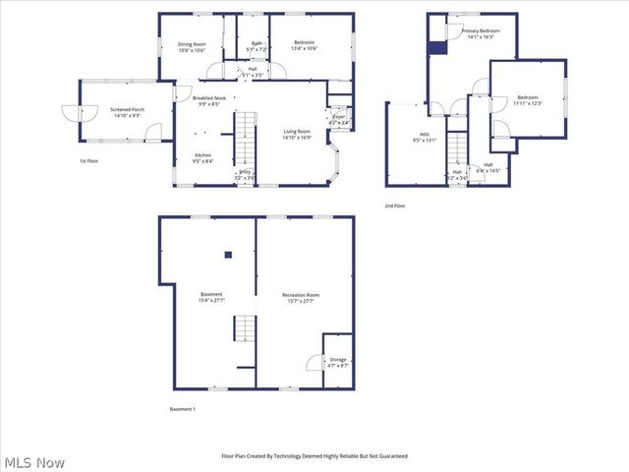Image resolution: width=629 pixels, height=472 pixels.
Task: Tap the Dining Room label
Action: click(192, 47)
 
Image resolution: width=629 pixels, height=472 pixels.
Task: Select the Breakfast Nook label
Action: click(210, 100)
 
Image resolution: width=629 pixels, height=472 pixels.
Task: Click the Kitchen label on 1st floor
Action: click(202, 158)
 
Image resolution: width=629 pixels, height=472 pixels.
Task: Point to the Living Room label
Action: click(297, 135)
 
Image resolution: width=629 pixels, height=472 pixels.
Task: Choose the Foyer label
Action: click(339, 120)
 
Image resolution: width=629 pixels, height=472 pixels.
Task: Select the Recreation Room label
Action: click(301, 298)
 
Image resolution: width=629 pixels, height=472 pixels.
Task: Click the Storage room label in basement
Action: click(338, 363)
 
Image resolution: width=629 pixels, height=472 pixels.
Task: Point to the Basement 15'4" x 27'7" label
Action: click(211, 298)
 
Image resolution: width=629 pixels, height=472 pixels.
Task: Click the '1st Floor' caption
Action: click(89, 160)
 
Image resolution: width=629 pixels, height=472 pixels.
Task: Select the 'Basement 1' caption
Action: click(183, 408)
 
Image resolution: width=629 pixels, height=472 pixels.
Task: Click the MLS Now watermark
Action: click(34, 461)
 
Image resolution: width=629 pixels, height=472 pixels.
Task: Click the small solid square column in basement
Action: click(228, 255)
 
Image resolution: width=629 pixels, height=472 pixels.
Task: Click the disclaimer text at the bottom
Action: click(314, 456)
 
